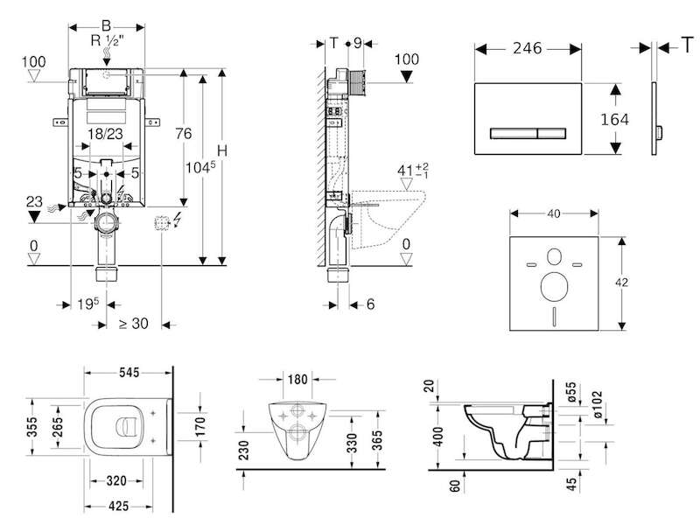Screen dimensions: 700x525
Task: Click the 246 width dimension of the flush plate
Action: (528, 48)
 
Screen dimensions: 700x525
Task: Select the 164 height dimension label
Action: (615, 120)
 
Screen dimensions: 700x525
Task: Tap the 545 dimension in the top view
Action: (129, 373)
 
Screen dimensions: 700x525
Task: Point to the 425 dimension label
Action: (118, 506)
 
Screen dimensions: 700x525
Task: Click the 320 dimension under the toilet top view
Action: (116, 480)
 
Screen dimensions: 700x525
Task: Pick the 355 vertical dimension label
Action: (32, 427)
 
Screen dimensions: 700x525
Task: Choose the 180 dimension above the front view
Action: (297, 380)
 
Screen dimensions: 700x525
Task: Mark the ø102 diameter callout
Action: (598, 404)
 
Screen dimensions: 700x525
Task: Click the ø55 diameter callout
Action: (571, 392)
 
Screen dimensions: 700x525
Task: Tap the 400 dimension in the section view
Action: (438, 437)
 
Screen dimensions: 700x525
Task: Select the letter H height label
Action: (222, 150)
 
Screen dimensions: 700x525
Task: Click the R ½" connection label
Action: (107, 41)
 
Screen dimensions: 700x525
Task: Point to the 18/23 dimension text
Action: (105, 134)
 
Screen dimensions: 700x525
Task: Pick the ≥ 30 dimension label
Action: (134, 323)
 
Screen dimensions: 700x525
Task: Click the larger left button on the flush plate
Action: (514, 134)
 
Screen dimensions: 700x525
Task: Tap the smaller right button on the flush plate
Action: (552, 134)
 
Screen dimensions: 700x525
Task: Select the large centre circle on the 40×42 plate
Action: (554, 286)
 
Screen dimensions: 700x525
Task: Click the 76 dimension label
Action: (183, 134)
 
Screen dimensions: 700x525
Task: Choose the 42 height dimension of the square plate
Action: (621, 282)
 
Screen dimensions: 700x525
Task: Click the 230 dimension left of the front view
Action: (244, 450)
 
